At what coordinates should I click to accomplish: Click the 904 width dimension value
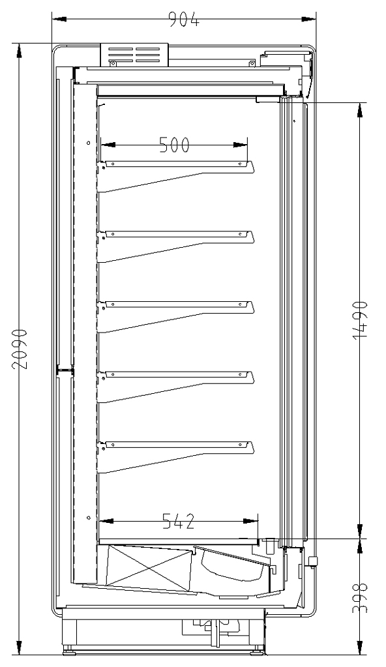click(x=184, y=19)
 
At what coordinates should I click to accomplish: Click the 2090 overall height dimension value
click(x=20, y=349)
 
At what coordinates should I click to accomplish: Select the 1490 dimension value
click(x=360, y=320)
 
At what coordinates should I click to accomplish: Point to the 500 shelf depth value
click(x=174, y=145)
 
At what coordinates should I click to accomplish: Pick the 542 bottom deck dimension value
click(x=179, y=521)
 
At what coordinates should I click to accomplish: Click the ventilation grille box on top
click(x=134, y=55)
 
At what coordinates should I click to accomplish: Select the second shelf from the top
click(x=175, y=246)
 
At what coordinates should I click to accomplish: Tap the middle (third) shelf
click(x=175, y=316)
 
